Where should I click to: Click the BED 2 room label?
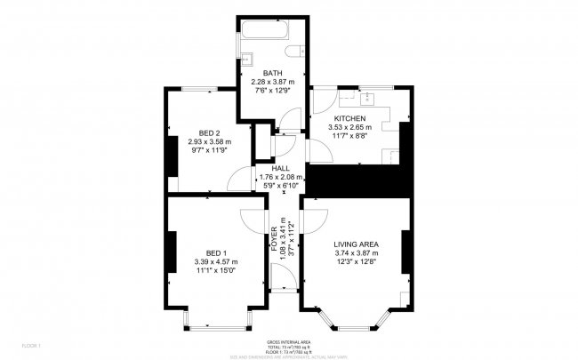click(x=209, y=133)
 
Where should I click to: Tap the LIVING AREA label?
click(x=357, y=244)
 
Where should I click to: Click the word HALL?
click(x=280, y=168)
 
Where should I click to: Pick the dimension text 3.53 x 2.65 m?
click(x=352, y=127)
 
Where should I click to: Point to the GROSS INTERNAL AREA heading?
click(x=288, y=341)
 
